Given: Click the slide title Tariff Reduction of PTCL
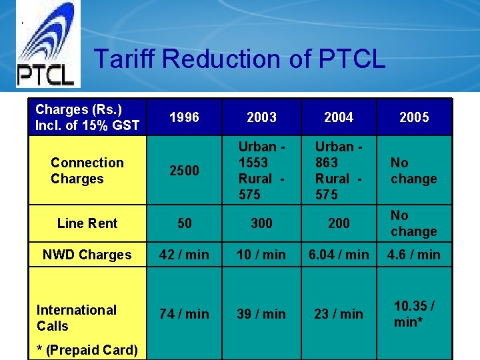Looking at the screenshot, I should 239,59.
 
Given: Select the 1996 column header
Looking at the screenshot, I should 184,117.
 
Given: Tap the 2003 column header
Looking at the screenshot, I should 261,117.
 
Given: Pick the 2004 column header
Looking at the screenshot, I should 339,117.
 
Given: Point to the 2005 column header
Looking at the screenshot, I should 414,117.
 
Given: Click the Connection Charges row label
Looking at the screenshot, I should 87,171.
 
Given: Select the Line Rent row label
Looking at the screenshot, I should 87,223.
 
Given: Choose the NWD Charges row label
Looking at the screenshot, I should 87,255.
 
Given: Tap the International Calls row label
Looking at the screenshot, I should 77,317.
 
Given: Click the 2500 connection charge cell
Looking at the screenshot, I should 184,171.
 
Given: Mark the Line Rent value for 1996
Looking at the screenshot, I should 184,223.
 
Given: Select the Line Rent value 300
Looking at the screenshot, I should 261,223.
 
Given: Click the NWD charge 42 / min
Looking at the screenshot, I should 184,255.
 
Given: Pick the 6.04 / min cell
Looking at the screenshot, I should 339,255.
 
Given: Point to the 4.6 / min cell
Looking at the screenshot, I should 414,255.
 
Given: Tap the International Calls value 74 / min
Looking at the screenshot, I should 184,313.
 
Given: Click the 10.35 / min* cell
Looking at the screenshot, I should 414,313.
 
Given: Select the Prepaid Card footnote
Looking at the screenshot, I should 87,350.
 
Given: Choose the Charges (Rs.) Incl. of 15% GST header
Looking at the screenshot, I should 87,117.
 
